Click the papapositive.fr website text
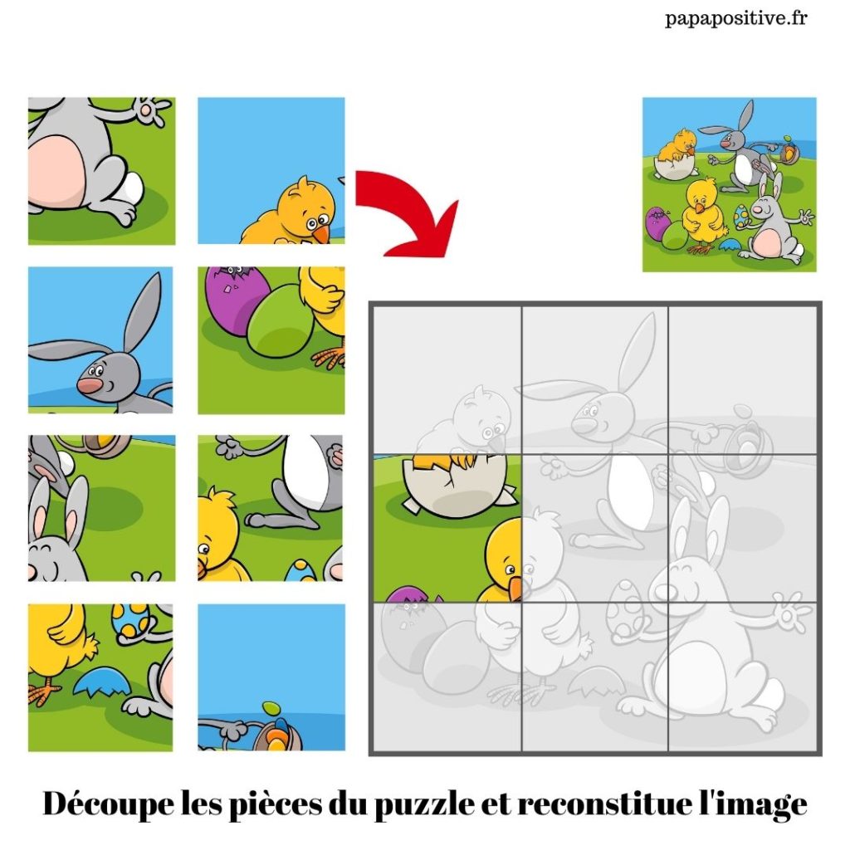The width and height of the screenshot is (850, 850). coord(736,19)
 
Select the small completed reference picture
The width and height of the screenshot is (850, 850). coord(729,184)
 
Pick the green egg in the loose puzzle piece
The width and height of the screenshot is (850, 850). coord(276,320)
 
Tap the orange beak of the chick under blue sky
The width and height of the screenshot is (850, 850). coord(322,233)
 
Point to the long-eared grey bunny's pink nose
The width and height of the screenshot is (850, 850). coord(89,385)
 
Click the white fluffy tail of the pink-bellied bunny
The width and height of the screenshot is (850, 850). coord(129,187)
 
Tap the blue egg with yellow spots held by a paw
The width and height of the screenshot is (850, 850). coord(130,620)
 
